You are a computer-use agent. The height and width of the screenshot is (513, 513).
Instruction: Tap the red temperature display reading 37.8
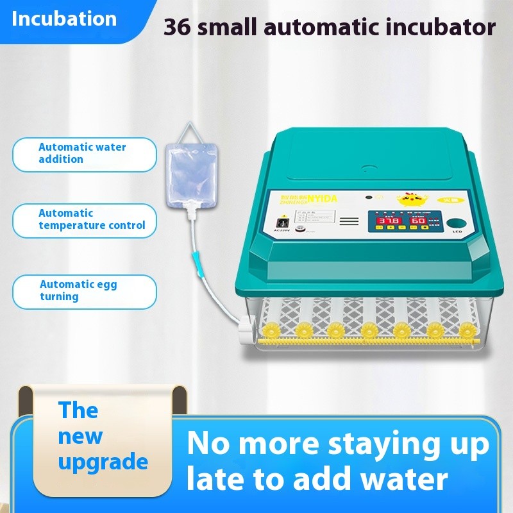coord(389,221)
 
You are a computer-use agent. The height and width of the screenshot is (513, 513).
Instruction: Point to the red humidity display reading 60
coord(418,221)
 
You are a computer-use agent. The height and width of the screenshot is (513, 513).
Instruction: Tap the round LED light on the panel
coord(456,223)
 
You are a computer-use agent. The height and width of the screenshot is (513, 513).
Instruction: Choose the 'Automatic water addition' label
coord(84,153)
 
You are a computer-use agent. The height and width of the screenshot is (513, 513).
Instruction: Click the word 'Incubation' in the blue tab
coord(64,19)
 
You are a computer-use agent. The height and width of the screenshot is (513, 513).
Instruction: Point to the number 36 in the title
coord(176,27)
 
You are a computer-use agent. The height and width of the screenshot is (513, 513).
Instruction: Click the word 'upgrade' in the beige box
coord(103,462)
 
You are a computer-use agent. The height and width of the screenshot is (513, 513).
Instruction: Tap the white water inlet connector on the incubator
coord(246,333)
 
